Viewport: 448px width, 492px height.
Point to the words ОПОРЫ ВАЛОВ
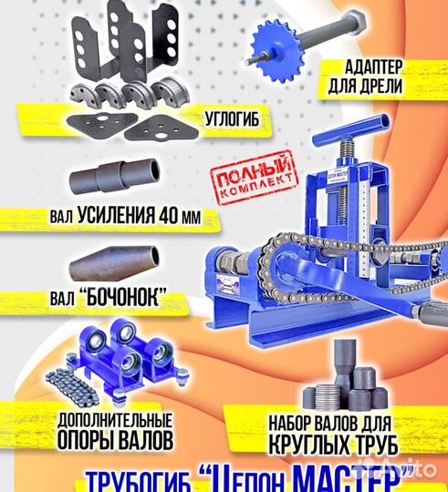point(115,441)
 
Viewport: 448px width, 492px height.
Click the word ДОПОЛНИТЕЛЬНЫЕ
point(115,422)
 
